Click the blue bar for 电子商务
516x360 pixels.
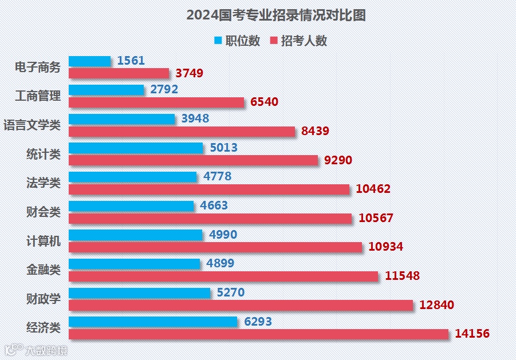[x=90, y=61]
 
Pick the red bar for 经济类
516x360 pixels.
[x=258, y=334]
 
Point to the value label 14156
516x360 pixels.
[x=472, y=334]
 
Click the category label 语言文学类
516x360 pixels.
[x=32, y=125]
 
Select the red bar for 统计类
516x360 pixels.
[x=193, y=160]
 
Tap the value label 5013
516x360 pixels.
[x=224, y=148]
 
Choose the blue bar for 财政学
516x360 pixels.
[x=140, y=293]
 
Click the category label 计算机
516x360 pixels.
[x=44, y=241]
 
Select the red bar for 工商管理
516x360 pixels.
[x=156, y=102]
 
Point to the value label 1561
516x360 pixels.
[x=131, y=61]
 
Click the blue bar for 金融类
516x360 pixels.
[x=135, y=264]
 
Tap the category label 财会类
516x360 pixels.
[x=44, y=212]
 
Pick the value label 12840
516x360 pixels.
[x=437, y=305]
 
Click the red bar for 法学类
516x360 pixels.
[x=209, y=189]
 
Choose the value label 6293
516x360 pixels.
[x=258, y=322]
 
